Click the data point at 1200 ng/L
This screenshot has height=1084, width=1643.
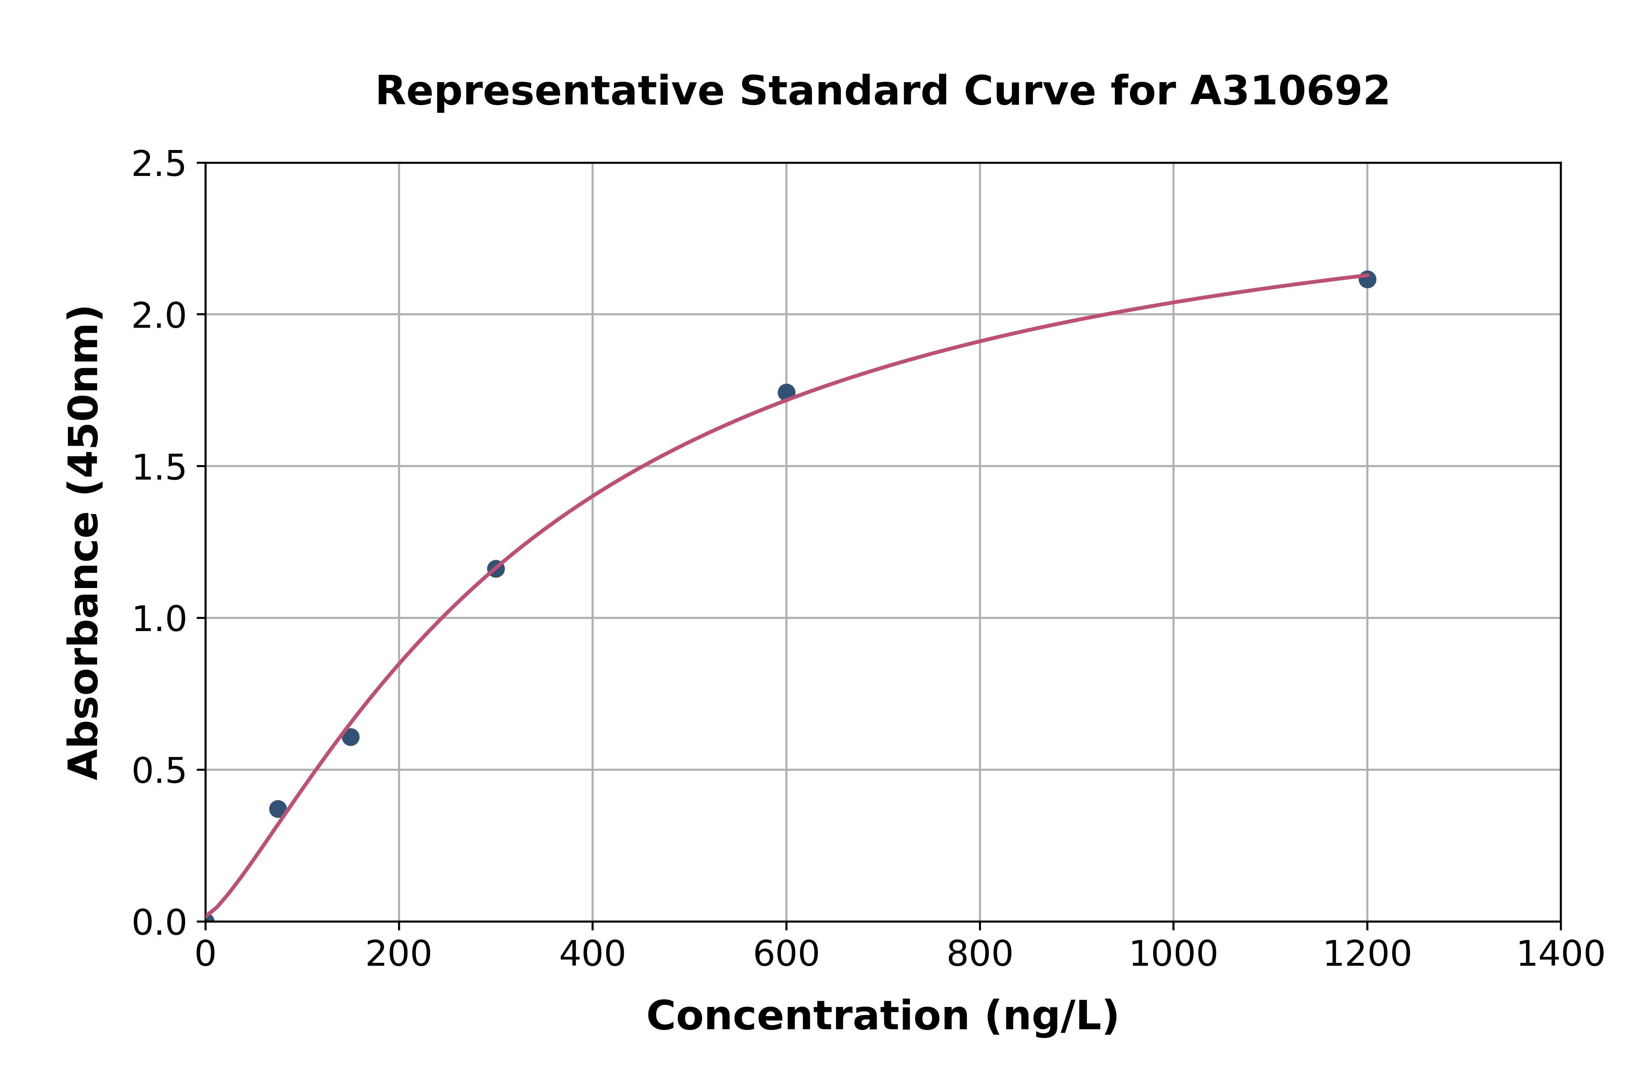pyautogui.click(x=1366, y=279)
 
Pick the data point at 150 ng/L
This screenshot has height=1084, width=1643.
pyautogui.click(x=351, y=737)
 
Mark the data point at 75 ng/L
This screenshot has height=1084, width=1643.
pyautogui.click(x=278, y=809)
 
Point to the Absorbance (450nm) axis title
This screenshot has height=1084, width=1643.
pyautogui.click(x=84, y=543)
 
